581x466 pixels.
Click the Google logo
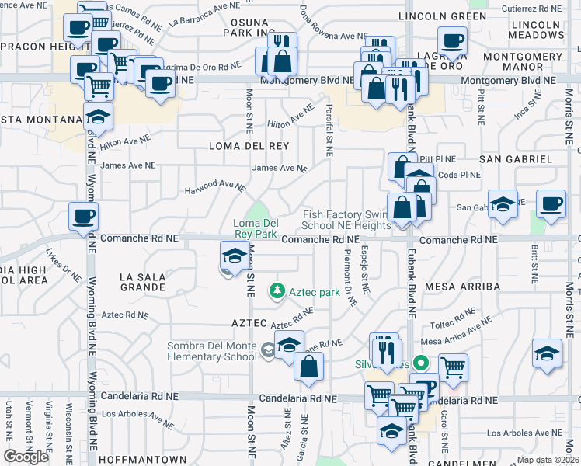coord(26,457)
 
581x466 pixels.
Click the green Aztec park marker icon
coord(275,292)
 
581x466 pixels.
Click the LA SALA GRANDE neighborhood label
coord(142,281)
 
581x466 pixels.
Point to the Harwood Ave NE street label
coord(214,189)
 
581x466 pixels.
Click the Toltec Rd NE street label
coord(453,315)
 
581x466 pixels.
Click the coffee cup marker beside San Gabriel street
coord(551,203)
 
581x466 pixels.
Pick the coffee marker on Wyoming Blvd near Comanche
coord(83,216)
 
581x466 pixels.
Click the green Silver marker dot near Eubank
coord(421,362)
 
